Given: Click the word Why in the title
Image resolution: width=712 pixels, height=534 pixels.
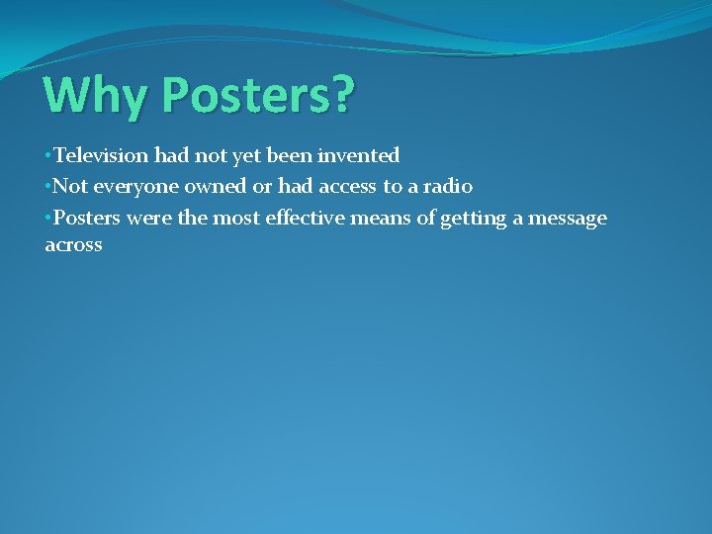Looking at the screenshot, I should (x=93, y=96).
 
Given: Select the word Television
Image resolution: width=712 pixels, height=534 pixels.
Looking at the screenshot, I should (x=101, y=155).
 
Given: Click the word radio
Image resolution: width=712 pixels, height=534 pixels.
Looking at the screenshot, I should (x=446, y=186).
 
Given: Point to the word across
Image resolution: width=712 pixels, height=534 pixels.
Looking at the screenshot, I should (x=73, y=245).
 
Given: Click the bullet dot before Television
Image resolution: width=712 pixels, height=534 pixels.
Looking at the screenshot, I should (x=48, y=156).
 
